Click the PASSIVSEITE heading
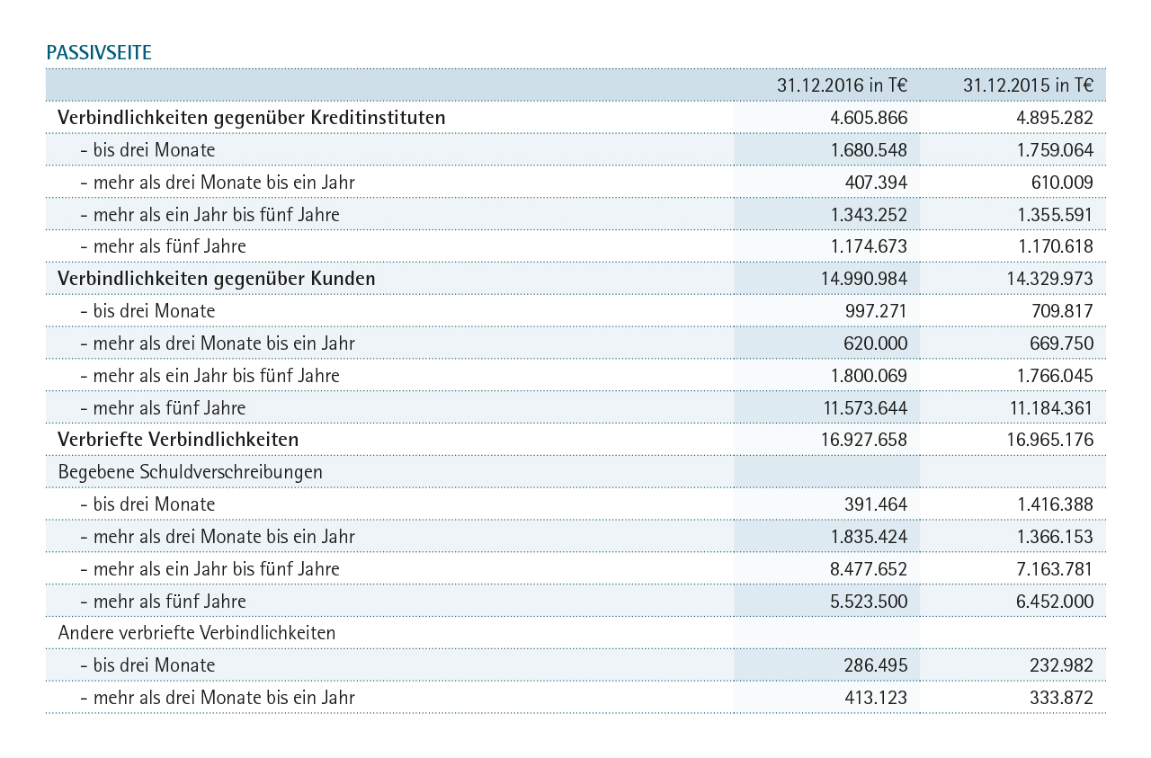coord(99,53)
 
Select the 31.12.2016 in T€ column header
coord(842,85)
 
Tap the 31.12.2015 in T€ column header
coord(1028,85)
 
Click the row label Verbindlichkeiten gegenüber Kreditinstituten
coord(251,118)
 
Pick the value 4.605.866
coord(869,118)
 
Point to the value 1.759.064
coord(1055,150)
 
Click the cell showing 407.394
coord(876,183)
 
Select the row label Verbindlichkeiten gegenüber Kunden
coord(217,279)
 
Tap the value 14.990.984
coord(864,279)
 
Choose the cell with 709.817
coord(1062,311)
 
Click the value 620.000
coord(876,343)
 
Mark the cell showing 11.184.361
coord(1051,408)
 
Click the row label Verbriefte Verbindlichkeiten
coord(178,440)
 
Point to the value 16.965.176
coord(1049,440)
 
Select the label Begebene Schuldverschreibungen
coord(190,472)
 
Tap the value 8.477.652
coord(869,569)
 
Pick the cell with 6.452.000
coord(1055,602)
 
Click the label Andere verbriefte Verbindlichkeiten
coord(196,633)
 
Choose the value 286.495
coord(876,665)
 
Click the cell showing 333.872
coord(1062,698)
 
